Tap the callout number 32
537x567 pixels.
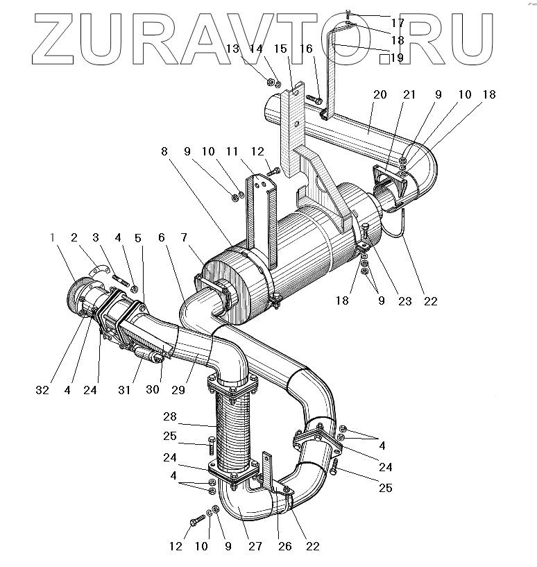(x=42, y=390)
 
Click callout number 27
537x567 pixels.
(x=255, y=547)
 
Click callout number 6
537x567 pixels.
(x=162, y=238)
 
